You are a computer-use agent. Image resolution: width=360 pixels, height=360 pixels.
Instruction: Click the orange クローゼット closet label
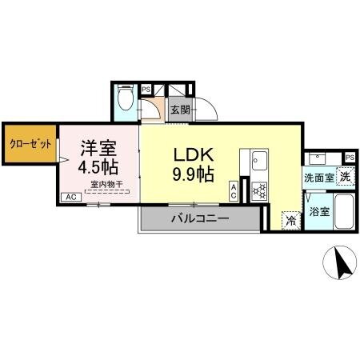30,145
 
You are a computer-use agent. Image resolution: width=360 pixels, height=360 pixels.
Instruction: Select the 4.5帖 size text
99,168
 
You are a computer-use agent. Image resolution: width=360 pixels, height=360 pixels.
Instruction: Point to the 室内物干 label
106,185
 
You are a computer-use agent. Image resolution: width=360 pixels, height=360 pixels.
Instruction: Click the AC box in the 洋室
70,197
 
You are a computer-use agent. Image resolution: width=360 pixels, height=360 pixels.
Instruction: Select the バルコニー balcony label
200,218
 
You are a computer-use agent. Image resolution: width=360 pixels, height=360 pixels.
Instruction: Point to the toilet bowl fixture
125,100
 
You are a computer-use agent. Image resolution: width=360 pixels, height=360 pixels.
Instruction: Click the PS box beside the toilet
146,90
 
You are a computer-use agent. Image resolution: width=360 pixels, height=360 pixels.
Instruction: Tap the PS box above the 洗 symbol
349,157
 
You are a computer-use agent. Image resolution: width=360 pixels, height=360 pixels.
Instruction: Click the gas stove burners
259,190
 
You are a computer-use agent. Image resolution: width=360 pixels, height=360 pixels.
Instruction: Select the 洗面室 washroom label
318,177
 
